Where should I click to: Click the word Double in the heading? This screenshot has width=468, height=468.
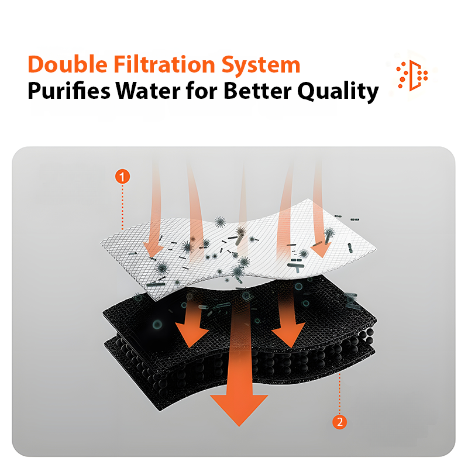click(67, 64)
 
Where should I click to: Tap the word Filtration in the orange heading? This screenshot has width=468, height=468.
click(164, 64)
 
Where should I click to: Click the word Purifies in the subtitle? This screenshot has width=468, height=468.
click(69, 91)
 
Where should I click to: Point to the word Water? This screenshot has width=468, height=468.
click(148, 91)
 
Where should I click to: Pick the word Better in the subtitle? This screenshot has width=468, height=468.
click(257, 91)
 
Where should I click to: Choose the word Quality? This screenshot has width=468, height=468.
click(338, 92)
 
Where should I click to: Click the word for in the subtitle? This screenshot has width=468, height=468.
click(202, 91)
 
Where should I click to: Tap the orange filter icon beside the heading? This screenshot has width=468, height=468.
click(412, 75)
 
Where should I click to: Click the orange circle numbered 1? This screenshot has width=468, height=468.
click(122, 177)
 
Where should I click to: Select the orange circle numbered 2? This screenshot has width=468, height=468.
click(340, 422)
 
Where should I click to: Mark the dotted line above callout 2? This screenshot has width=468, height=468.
click(340, 393)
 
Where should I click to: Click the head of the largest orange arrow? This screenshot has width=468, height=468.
click(239, 408)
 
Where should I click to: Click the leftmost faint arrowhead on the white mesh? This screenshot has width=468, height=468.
click(153, 249)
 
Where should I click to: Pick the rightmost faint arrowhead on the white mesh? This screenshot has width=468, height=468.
click(321, 250)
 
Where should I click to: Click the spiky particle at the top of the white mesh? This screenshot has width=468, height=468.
click(221, 222)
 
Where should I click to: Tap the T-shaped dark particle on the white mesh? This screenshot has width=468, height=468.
click(296, 266)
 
